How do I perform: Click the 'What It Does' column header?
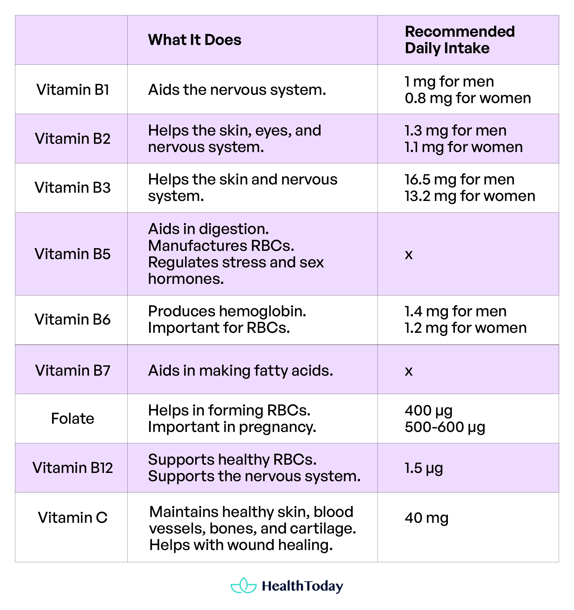click(x=194, y=40)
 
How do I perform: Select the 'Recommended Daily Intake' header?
click(x=460, y=40)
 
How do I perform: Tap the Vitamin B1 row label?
click(x=73, y=90)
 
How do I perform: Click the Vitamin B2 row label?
click(x=73, y=139)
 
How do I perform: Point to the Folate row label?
click(x=73, y=418)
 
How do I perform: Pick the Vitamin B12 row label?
click(x=73, y=468)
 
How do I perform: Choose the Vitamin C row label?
click(x=73, y=518)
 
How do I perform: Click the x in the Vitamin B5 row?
click(x=408, y=255)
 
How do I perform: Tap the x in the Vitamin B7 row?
click(x=408, y=371)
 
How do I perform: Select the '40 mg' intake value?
click(x=426, y=518)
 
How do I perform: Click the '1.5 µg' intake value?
click(x=423, y=468)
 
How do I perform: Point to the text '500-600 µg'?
click(x=445, y=427)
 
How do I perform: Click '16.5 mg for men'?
click(x=459, y=180)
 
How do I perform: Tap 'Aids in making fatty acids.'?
click(x=241, y=371)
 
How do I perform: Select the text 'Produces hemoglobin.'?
click(x=227, y=311)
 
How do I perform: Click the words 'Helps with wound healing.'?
click(x=241, y=545)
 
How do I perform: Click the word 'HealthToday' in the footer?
click(x=302, y=586)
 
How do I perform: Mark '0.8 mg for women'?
click(x=467, y=98)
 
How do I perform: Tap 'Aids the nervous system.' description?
click(x=237, y=90)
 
